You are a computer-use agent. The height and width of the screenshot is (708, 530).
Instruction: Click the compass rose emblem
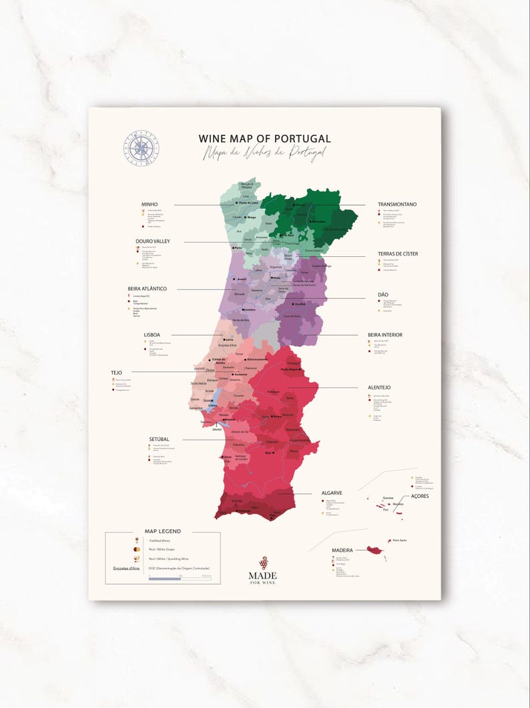click(141, 148)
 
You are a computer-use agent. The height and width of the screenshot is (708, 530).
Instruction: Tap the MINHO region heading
click(149, 204)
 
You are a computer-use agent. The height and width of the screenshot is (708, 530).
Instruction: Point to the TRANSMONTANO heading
click(397, 204)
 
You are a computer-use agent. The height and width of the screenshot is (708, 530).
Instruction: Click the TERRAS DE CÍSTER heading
click(398, 254)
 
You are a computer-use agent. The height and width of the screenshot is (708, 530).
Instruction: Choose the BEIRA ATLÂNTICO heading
click(147, 289)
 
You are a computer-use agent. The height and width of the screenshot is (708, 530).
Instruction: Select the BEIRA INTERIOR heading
click(385, 335)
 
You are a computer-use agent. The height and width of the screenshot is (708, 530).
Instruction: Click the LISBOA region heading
click(152, 335)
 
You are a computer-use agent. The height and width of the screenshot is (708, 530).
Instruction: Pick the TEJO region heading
click(117, 372)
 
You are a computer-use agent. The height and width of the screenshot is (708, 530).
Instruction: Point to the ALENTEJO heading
click(379, 387)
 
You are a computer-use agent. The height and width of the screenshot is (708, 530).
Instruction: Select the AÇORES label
click(420, 496)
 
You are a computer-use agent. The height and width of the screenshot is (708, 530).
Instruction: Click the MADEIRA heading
click(342, 551)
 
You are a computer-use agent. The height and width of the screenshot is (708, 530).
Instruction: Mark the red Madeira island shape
click(376, 550)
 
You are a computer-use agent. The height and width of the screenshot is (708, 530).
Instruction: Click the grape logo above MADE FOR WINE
click(263, 562)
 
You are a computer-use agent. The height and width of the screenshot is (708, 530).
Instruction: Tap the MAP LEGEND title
click(162, 531)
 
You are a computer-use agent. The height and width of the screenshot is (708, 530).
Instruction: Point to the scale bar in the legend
click(180, 578)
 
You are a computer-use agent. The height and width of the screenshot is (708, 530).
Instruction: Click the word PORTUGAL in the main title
click(300, 139)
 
